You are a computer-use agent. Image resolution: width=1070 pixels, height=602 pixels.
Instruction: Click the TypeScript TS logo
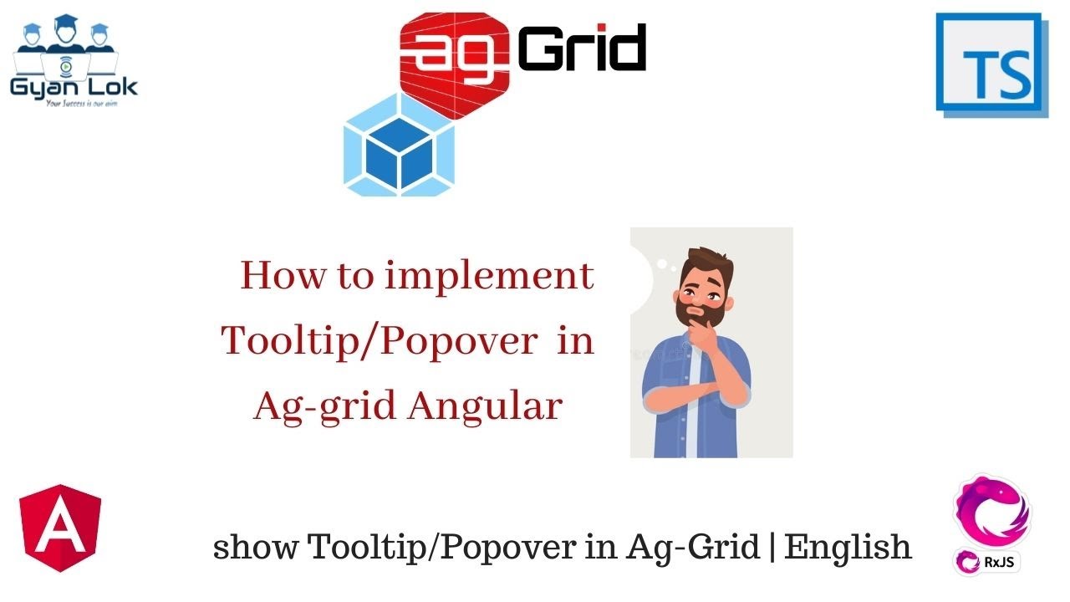pos(991,65)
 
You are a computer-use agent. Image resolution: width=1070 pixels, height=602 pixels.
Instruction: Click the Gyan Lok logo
pos(74,63)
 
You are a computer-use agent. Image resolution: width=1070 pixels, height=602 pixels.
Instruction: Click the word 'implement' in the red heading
pos(490,276)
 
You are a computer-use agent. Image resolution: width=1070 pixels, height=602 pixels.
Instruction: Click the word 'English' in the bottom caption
pos(848,547)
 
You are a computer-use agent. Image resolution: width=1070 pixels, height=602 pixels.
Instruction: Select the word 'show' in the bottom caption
pos(255,548)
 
